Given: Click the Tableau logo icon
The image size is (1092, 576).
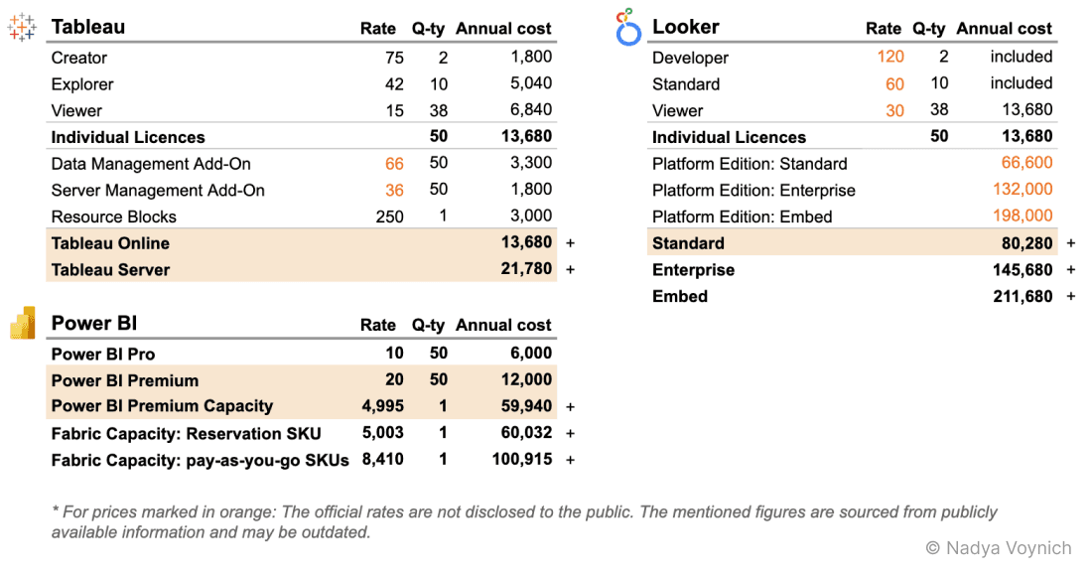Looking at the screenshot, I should coord(22,28).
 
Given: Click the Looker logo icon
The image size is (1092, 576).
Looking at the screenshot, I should coord(628,27).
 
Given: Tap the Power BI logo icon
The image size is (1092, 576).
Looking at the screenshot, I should coord(22,323).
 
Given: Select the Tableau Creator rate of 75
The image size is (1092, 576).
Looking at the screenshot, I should coord(394,58).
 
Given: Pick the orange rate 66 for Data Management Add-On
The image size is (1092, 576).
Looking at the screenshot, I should coord(394,164).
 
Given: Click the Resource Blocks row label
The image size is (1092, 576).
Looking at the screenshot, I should coord(114,216).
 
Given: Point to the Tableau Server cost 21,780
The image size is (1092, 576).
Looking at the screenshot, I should coord(527,269).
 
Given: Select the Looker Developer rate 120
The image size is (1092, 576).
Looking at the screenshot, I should coord(890,58).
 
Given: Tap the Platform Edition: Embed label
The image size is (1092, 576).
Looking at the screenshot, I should coord(743,216).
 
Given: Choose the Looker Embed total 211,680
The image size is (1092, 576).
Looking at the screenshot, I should coord(1023,296).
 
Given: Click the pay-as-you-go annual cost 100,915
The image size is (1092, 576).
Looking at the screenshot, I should coord(522,460).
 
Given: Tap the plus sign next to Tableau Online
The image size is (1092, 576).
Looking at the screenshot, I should coord(570,243).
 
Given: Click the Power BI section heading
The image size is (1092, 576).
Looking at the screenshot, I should coord(94,323).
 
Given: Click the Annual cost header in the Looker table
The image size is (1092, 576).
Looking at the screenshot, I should coord(1005,29).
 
